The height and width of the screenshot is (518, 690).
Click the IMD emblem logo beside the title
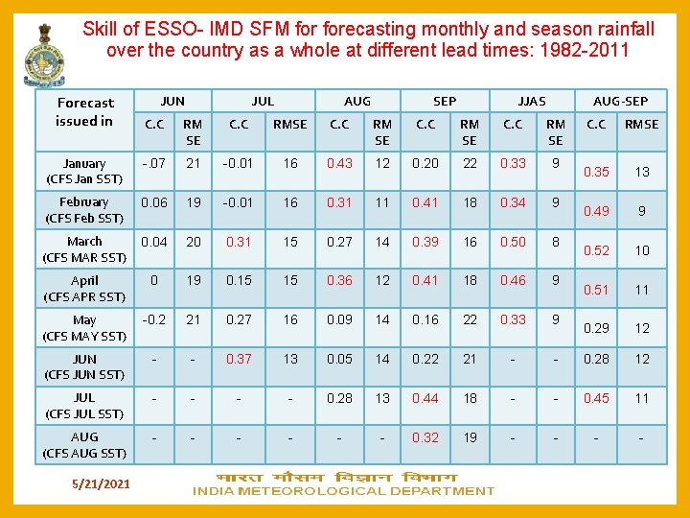point(44,52)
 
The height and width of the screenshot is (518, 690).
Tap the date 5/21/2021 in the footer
point(100,484)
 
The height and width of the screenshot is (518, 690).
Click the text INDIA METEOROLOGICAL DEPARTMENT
point(343,491)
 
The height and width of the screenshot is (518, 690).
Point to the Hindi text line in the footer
point(336,477)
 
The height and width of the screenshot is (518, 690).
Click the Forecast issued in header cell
point(84,111)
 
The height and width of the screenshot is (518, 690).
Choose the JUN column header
point(172,101)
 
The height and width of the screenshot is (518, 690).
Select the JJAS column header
point(531,101)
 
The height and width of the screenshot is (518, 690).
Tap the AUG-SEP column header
point(620,101)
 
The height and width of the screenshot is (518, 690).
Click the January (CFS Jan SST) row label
point(84,171)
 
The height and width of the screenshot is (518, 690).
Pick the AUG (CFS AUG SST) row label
point(84,445)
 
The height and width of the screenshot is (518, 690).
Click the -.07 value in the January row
point(153,163)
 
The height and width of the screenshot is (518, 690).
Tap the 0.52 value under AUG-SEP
point(596,250)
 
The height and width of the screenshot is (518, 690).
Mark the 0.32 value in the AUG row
point(425,437)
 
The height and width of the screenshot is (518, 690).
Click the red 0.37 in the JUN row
point(239,359)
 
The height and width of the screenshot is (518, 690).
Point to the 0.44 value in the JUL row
point(425,398)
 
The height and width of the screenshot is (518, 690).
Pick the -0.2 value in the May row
point(153,319)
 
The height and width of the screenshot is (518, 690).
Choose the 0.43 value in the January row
point(339,163)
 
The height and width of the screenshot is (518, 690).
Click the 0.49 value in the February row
point(596,211)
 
